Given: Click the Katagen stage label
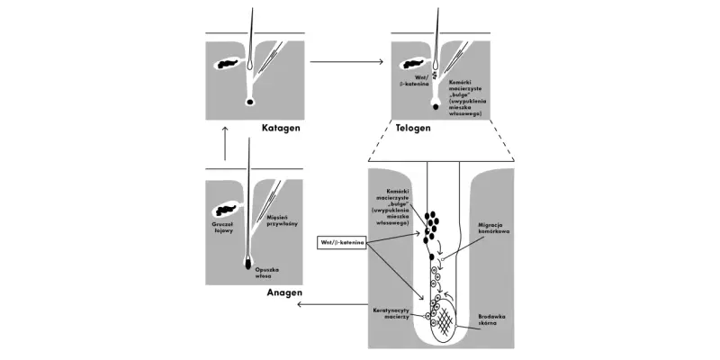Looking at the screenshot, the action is click(281, 128).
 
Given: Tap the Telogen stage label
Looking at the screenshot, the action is click(413, 128).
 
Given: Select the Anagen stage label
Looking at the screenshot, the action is click(284, 293).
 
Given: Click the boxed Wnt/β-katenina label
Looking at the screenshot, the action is click(342, 242).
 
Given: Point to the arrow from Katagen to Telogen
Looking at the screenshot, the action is click(346, 61).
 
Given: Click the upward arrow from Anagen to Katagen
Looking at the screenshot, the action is click(225, 143).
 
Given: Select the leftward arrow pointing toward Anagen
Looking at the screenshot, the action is click(332, 304).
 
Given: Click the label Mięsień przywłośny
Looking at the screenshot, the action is click(282, 220).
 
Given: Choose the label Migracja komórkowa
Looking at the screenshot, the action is click(493, 229).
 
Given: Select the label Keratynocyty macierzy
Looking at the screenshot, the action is click(391, 313).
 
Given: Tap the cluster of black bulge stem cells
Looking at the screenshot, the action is click(431, 226).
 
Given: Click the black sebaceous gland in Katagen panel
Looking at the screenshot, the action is click(227, 64).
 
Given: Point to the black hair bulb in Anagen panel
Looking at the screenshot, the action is click(248, 264).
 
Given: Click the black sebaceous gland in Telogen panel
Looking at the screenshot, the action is click(412, 64).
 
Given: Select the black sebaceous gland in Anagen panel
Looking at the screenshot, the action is click(226, 211).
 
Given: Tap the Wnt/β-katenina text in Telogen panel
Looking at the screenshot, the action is click(416, 81).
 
